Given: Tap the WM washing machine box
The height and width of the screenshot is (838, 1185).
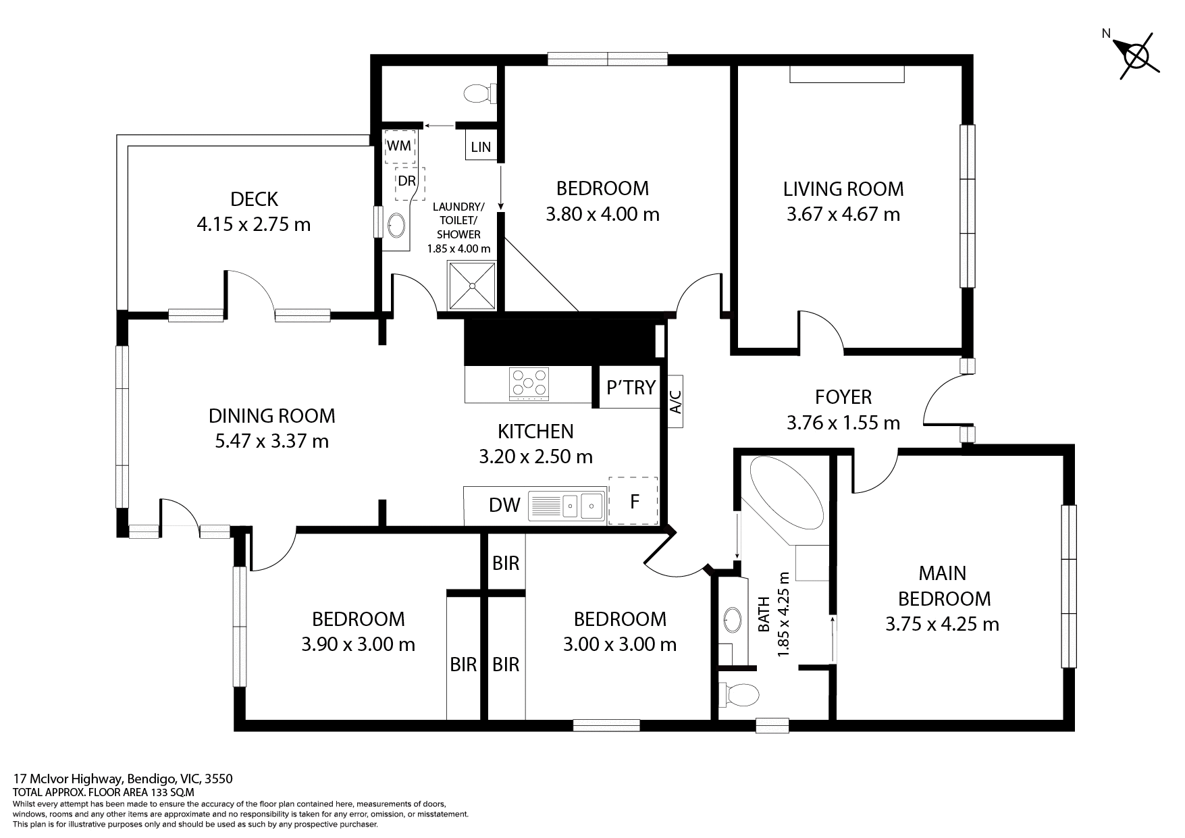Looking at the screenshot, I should [399, 147].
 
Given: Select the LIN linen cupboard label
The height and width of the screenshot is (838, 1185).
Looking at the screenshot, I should [481, 147].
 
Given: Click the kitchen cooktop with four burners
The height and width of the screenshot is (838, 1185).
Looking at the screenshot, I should [529, 384].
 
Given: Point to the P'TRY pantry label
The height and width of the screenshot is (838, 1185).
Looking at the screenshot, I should [631, 388].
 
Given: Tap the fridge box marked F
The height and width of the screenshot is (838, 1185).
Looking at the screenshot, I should [633, 502].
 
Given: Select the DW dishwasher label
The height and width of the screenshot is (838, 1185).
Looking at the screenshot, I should [504, 504].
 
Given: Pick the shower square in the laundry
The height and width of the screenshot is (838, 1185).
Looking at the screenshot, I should [472, 286].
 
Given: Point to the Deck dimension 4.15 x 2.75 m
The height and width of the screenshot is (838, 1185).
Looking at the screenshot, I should [253, 224].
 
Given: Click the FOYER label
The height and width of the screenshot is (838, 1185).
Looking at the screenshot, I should [843, 396].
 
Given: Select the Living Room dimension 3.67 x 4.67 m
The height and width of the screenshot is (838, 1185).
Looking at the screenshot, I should [843, 215].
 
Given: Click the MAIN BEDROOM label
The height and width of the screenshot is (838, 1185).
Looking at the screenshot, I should [943, 585].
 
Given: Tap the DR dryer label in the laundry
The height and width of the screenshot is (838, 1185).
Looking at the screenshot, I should [406, 182].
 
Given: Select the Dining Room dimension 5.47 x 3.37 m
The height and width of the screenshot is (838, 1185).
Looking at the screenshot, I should [271, 442].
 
